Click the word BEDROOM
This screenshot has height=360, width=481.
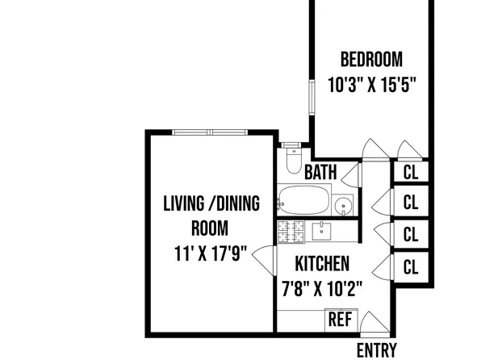[371, 60]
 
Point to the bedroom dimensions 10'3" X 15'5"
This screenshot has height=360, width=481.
[371, 83]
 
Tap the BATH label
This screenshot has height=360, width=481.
[320, 172]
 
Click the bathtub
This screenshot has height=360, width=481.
[303, 199]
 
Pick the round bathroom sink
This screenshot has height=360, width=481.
[345, 206]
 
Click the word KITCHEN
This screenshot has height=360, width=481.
[321, 264]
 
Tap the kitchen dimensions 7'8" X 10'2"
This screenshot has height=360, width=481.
[321, 287]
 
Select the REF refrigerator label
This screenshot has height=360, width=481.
[340, 320]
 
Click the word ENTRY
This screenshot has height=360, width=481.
[377, 350]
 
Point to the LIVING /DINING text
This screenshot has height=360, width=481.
[211, 203]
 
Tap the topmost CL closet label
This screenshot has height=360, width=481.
[411, 172]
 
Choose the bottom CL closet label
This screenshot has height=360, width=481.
[411, 266]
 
